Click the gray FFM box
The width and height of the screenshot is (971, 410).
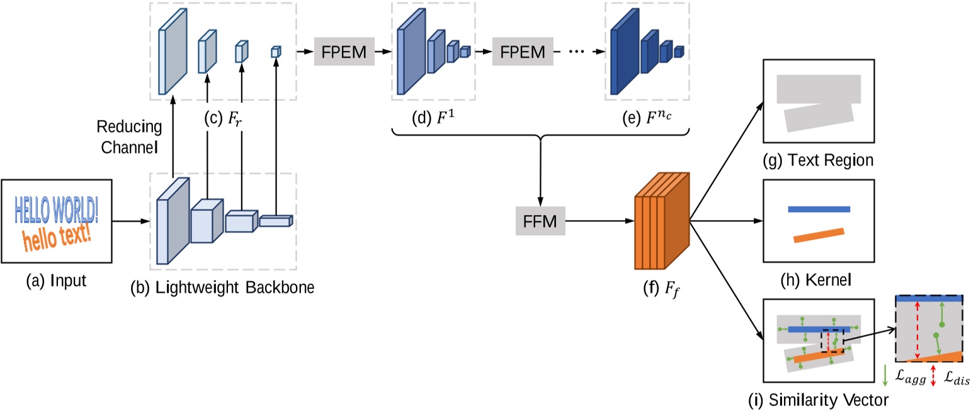pyautogui.click(x=540, y=221)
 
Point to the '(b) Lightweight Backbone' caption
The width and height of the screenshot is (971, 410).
pyautogui.click(x=222, y=287)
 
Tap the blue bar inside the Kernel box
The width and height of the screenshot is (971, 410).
pyautogui.click(x=818, y=209)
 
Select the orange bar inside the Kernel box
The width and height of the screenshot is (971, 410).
pyautogui.click(x=818, y=235)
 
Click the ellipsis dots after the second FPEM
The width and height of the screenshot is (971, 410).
pyautogui.click(x=577, y=52)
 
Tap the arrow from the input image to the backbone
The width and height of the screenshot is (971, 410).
pyautogui.click(x=131, y=221)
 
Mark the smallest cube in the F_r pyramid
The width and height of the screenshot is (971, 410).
pyautogui.click(x=275, y=52)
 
